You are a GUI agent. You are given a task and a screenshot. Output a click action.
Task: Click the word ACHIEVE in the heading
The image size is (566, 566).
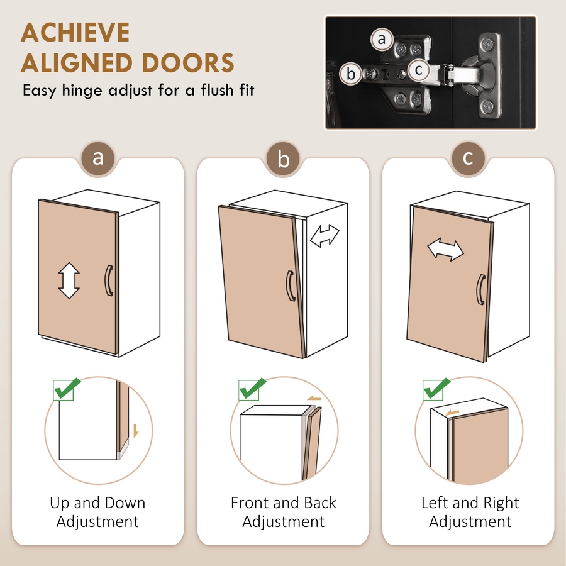(x=75, y=33)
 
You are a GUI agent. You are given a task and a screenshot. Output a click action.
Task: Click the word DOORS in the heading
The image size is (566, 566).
(x=188, y=63)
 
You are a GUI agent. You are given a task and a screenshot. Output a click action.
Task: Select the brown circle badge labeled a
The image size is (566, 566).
(x=98, y=158)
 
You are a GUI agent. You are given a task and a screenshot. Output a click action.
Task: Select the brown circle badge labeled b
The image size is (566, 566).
(x=283, y=158)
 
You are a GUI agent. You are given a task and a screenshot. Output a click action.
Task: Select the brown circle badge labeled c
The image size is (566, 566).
(x=468, y=158)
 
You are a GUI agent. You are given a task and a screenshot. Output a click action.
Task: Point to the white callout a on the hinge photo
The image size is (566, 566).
(x=382, y=39)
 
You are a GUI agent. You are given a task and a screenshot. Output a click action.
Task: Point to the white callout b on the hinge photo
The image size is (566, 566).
(x=350, y=74)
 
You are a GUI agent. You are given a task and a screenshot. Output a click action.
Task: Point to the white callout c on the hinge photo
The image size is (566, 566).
(x=419, y=70)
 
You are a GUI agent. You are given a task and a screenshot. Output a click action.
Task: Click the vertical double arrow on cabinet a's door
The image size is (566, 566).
(x=69, y=280)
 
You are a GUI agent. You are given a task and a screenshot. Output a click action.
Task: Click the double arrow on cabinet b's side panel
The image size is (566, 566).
(x=325, y=236)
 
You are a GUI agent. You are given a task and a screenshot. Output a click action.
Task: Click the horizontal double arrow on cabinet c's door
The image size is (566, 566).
(x=445, y=250)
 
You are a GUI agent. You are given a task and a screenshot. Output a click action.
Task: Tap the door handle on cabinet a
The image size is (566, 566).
(x=109, y=281)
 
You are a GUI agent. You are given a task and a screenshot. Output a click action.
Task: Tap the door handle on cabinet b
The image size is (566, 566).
(x=291, y=286)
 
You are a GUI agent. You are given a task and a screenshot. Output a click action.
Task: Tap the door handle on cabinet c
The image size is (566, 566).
(x=481, y=289)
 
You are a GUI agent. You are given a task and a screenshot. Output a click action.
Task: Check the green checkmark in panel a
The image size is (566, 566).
(x=67, y=389)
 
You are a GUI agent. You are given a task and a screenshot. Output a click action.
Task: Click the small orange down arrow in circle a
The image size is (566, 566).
(x=136, y=431)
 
